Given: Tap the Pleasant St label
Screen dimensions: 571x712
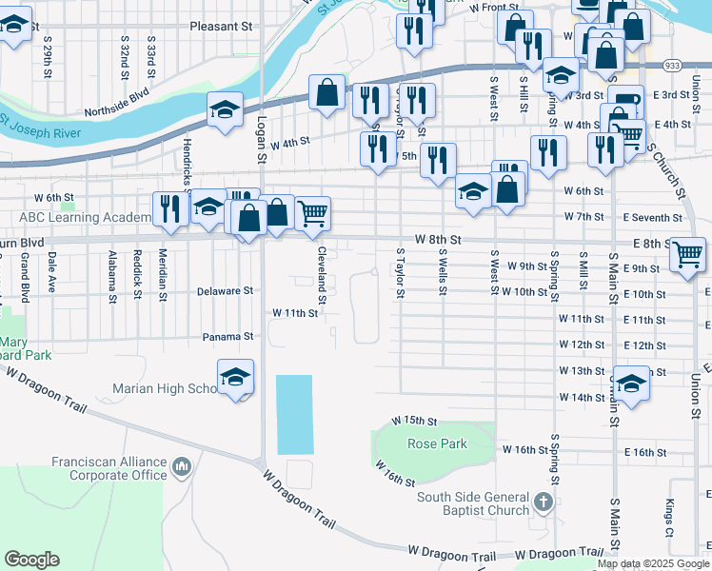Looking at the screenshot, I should [x=221, y=27].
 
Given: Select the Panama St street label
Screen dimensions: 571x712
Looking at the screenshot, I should [x=227, y=336].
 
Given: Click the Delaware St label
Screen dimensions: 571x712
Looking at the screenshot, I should [x=225, y=290].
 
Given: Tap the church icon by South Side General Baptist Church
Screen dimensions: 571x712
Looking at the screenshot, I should [x=543, y=501].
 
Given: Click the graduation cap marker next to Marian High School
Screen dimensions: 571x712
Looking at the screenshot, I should [x=235, y=378].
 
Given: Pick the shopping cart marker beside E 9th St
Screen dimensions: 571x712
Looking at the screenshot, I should [x=687, y=254].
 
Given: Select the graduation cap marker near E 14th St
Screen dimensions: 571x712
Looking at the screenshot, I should [x=631, y=384].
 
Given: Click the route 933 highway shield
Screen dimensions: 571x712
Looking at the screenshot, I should [x=672, y=66].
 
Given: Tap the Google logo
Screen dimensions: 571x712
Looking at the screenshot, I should [x=31, y=560].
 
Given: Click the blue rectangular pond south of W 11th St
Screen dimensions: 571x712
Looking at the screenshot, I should [x=293, y=414].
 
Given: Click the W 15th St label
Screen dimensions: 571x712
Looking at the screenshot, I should [x=414, y=420].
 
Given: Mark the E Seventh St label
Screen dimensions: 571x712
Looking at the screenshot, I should [x=657, y=218].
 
